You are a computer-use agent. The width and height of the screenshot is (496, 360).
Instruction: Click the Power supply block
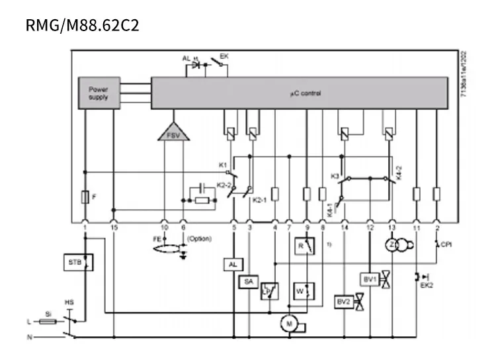[99, 93]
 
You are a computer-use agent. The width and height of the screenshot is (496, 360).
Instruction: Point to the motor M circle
[288, 322]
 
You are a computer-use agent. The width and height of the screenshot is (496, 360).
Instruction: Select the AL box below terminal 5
[232, 264]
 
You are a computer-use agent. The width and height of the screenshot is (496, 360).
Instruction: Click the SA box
[248, 282]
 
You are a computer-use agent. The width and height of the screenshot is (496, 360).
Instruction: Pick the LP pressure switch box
[269, 291]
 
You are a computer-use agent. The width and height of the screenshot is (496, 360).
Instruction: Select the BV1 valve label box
[369, 279]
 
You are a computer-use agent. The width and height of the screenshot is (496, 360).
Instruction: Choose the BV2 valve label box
[343, 301]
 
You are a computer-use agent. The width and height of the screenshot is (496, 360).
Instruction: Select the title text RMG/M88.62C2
[83, 26]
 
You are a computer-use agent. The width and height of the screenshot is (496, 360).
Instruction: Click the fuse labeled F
[85, 197]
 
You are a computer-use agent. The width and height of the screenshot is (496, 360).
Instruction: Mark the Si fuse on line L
[48, 322]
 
